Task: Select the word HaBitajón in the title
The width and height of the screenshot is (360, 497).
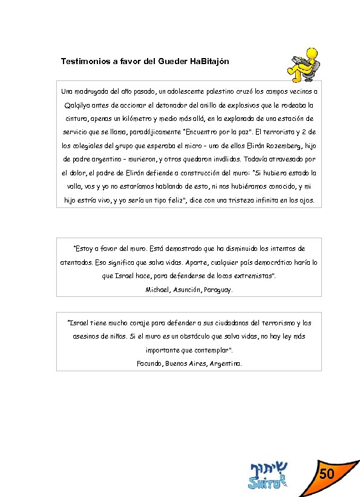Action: pos(208,62)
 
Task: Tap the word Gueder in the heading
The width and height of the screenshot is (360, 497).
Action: pos(169,62)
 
